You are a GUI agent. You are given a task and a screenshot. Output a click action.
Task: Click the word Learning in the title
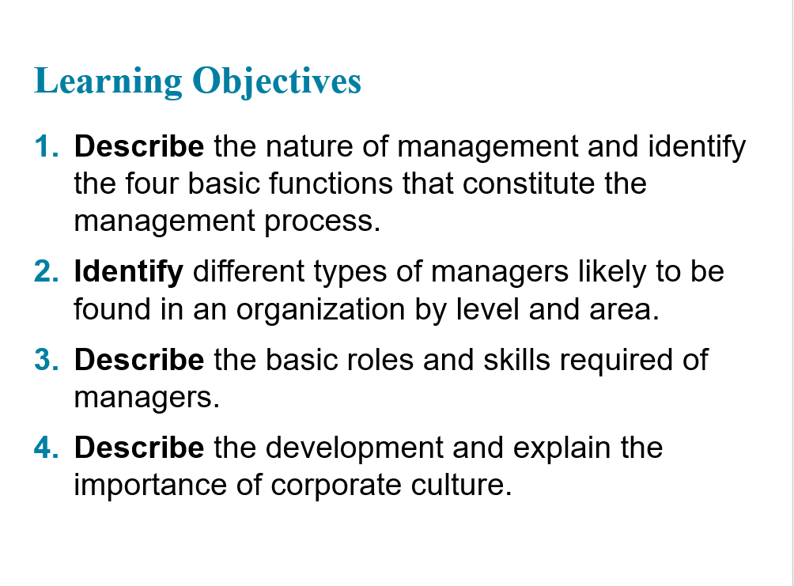pyautogui.click(x=108, y=81)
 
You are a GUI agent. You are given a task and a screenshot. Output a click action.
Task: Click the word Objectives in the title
pyautogui.click(x=277, y=81)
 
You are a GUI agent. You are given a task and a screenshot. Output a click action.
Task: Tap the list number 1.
pyautogui.click(x=47, y=146)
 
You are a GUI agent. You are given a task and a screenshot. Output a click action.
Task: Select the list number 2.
pyautogui.click(x=47, y=271)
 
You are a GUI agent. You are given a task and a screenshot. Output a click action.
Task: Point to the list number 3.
pyautogui.click(x=47, y=360)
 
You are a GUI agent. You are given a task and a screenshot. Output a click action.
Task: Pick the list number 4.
pyautogui.click(x=47, y=448)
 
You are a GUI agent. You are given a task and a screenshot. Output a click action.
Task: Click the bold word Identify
pyautogui.click(x=129, y=273)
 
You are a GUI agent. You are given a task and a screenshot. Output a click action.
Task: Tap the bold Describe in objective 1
pyautogui.click(x=139, y=146)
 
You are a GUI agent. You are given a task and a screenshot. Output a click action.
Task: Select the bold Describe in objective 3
pyautogui.click(x=139, y=360)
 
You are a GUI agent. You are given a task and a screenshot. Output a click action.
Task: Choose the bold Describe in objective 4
pyautogui.click(x=139, y=448)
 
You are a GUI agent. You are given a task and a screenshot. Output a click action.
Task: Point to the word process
pyautogui.click(x=322, y=222)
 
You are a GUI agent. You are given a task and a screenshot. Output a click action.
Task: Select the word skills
pyautogui.click(x=516, y=360)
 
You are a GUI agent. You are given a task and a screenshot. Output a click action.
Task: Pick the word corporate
pyautogui.click(x=336, y=486)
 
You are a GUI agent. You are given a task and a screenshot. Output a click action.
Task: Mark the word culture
pyautogui.click(x=461, y=485)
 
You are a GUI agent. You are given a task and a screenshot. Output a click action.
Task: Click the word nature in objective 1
pyautogui.click(x=309, y=147)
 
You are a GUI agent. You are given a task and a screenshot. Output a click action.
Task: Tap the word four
pyautogui.click(x=152, y=183)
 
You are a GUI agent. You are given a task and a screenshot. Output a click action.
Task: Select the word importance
pyautogui.click(x=150, y=486)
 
